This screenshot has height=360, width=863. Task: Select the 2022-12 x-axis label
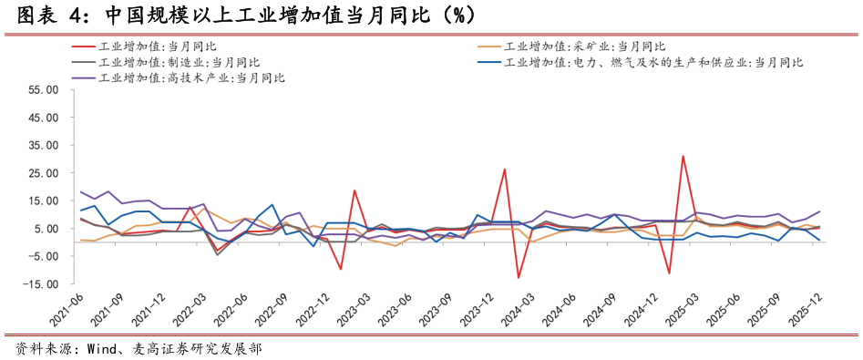314,310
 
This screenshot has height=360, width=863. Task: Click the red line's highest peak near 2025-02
683,156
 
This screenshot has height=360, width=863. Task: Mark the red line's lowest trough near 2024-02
519,278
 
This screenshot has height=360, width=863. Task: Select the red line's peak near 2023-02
354,190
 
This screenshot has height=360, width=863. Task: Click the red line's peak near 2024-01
505,169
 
